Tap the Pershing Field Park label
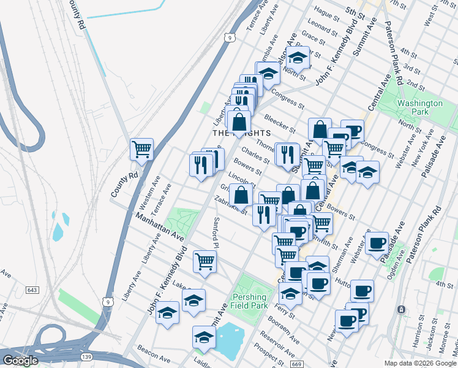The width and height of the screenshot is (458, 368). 249,301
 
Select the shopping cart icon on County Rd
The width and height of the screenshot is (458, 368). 142,149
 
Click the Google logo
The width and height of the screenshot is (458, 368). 20,361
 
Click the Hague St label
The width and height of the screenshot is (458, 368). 326,12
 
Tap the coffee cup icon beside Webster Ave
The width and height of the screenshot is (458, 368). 378,243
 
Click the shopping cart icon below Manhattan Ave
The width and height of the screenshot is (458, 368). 205,261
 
